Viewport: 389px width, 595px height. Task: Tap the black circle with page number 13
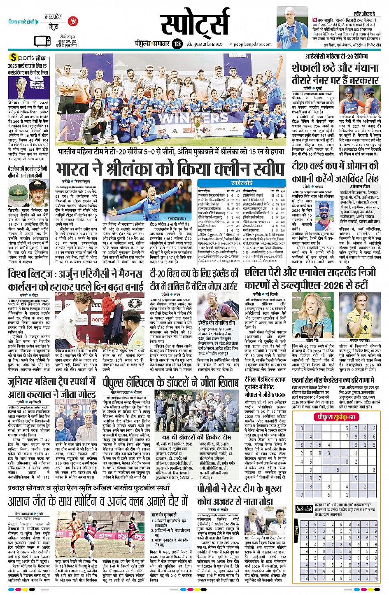coord(177,44)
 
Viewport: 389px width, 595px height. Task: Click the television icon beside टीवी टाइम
coord(42,41)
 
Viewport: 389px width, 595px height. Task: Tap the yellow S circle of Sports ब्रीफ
coord(14,58)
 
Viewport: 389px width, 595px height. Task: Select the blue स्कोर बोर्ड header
coord(242,182)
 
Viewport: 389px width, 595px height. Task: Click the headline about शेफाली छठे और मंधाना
coord(335,73)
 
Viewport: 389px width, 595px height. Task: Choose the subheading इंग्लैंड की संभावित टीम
coord(217,323)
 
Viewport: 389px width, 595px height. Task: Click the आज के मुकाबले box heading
coord(163,515)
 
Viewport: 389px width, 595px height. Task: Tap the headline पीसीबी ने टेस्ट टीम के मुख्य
coord(240,489)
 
